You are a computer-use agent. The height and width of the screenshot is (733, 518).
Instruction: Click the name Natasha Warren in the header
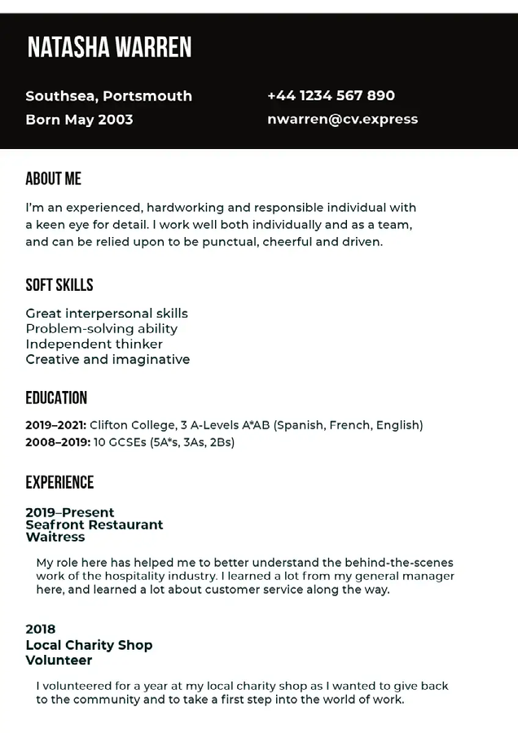point(109,48)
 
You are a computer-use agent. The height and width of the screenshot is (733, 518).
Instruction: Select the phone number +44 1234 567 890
point(331,96)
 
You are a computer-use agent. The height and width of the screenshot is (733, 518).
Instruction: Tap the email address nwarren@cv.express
point(342,119)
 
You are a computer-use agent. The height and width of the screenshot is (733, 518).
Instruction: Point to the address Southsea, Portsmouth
point(108,96)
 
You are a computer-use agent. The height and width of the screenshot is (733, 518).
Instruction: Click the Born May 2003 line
point(79,120)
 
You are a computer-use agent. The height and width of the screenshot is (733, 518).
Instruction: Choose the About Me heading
point(53,179)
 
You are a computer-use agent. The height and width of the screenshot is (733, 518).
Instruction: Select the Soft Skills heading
point(59,285)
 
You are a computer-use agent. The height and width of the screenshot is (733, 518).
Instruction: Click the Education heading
point(55,398)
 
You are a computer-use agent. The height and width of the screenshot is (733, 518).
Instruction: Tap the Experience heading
point(59,483)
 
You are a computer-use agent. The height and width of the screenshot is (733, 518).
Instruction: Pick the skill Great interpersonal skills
point(107,314)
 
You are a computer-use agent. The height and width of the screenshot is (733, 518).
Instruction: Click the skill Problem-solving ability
point(101,329)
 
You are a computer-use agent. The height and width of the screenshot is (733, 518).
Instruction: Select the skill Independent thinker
point(94,345)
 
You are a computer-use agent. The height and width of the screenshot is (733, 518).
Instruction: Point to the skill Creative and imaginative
point(108,360)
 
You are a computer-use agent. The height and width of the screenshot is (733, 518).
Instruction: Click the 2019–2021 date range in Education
point(55,425)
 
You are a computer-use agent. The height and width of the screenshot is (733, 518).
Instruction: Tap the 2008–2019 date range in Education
point(55,442)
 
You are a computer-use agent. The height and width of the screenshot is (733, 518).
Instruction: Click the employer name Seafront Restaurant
point(94,525)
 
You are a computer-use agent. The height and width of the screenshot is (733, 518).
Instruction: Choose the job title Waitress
point(55,538)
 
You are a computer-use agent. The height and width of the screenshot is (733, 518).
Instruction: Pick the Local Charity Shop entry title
point(89,645)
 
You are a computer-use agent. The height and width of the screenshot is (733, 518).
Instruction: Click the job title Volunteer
point(59,661)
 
